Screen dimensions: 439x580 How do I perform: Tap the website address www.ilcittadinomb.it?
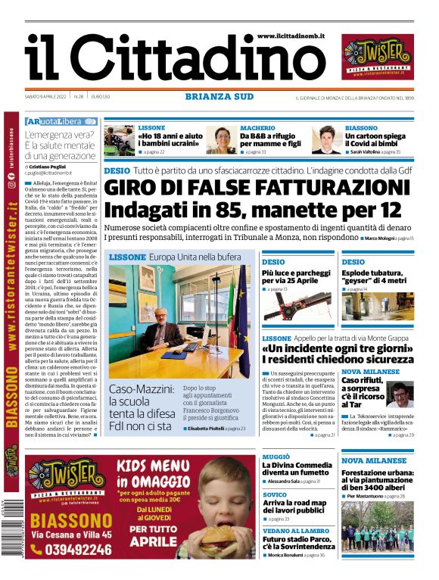coord(291,36)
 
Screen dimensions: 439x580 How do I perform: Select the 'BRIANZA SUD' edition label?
coord(219,96)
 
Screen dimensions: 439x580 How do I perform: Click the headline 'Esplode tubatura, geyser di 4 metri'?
coord(377,276)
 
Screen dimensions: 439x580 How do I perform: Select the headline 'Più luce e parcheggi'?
coord(296,276)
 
